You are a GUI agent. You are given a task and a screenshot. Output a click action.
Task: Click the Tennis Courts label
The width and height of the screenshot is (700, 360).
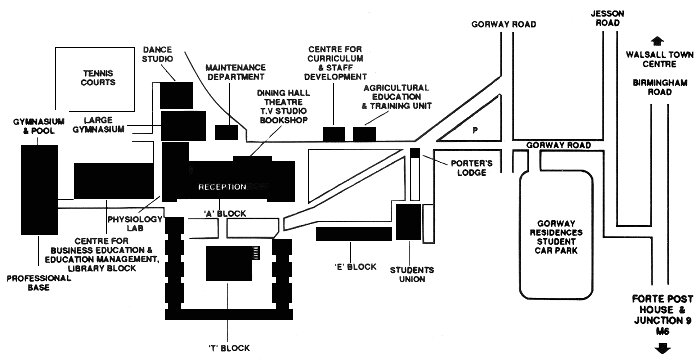(x=98, y=78)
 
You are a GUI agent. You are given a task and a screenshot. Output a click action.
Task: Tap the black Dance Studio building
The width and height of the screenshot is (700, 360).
(x=176, y=95)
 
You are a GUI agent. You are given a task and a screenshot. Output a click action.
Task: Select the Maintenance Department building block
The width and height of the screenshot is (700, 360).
(x=226, y=132)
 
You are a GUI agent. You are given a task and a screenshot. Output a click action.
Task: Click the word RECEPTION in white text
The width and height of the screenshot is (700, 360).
(x=222, y=187)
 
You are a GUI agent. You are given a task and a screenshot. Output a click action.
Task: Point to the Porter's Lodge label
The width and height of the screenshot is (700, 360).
(x=471, y=168)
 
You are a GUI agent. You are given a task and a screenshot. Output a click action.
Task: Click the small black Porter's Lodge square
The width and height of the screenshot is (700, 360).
(x=415, y=152)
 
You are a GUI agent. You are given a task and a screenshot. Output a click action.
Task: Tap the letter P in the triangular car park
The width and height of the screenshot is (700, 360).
(x=475, y=130)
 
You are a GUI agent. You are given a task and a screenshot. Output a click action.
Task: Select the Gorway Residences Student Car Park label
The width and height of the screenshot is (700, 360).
(x=556, y=237)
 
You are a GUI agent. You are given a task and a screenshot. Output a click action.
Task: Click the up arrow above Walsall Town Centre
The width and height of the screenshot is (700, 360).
(x=657, y=42)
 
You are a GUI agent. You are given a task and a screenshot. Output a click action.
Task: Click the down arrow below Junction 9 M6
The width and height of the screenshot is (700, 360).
(x=662, y=348)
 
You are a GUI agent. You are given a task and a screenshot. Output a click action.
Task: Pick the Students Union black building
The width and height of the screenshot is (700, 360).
(x=408, y=222)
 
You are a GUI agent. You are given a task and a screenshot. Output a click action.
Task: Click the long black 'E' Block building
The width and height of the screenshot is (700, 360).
(x=354, y=234)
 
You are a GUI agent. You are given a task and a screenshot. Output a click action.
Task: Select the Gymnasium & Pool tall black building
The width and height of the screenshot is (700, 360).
(x=39, y=190)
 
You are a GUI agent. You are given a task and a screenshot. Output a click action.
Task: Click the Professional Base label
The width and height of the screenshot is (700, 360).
(x=39, y=283)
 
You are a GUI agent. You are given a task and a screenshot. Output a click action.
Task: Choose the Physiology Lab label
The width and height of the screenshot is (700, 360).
(x=135, y=224)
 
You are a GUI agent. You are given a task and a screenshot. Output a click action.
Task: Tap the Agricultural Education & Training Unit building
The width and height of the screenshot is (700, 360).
(x=364, y=134)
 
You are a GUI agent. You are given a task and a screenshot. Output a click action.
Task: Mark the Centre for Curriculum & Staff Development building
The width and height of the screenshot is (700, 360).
(x=334, y=134)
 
